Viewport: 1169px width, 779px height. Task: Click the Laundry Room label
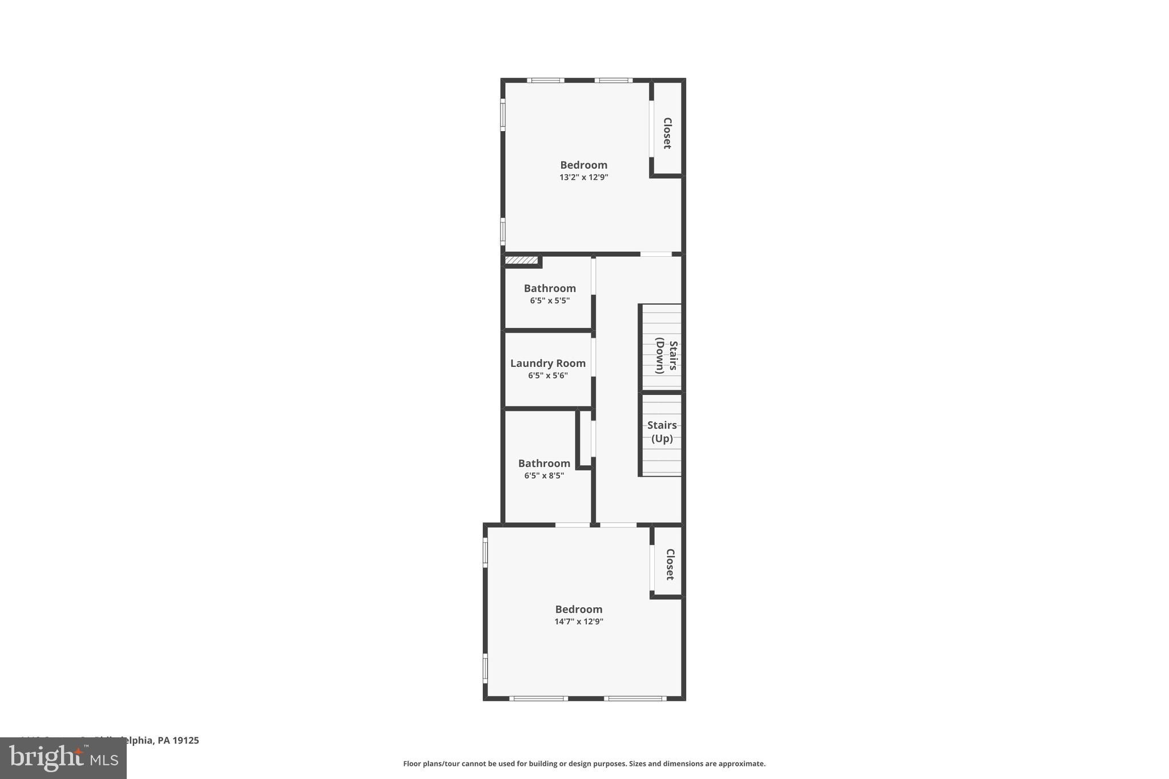[x=547, y=363]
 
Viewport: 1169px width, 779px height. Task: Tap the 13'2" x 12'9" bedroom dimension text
[x=583, y=177]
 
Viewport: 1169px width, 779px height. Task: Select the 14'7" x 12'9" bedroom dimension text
[x=578, y=621]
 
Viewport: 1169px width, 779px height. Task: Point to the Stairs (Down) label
[x=666, y=357]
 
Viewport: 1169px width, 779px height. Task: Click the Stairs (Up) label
[x=662, y=431]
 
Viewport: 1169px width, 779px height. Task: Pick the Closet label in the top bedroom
[x=667, y=133]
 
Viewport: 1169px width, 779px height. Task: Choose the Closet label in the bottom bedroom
[x=670, y=564]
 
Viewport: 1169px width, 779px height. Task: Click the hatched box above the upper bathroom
[x=522, y=261]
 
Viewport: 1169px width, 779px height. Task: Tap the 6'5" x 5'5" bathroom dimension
[x=549, y=301]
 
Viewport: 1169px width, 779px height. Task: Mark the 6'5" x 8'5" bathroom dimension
[x=543, y=476]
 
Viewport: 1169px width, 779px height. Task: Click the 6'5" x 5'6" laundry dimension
[x=547, y=376]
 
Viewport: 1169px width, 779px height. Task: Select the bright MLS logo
[x=63, y=758]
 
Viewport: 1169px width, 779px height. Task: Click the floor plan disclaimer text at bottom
[x=584, y=764]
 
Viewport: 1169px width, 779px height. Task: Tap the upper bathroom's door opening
[x=594, y=276]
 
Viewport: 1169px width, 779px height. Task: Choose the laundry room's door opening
[x=594, y=357]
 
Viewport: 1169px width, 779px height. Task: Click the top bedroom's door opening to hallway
[x=656, y=254]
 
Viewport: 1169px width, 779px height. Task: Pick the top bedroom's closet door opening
[x=651, y=128]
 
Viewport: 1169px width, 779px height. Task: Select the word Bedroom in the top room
[x=583, y=165]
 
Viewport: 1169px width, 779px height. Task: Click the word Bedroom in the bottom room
[x=578, y=609]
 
